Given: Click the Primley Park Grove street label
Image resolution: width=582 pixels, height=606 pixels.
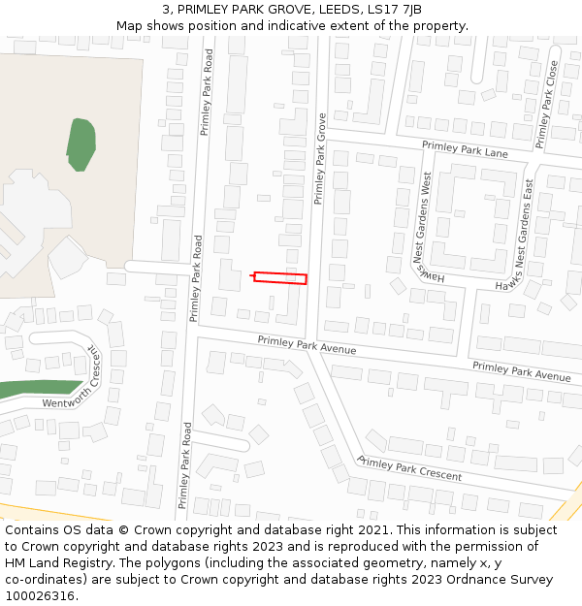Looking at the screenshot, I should (320, 158).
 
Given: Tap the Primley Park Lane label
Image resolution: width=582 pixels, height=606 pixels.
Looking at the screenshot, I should (465, 149).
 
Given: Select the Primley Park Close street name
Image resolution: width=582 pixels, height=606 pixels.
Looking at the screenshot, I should (547, 105).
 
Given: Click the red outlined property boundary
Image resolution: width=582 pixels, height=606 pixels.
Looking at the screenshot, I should (280, 278).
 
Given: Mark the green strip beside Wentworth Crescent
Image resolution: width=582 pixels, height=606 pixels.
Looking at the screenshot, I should (29, 390).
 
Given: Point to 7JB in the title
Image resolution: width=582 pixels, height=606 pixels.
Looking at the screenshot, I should (410, 10).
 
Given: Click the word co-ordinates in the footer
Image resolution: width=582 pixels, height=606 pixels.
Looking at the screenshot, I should (45, 580).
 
